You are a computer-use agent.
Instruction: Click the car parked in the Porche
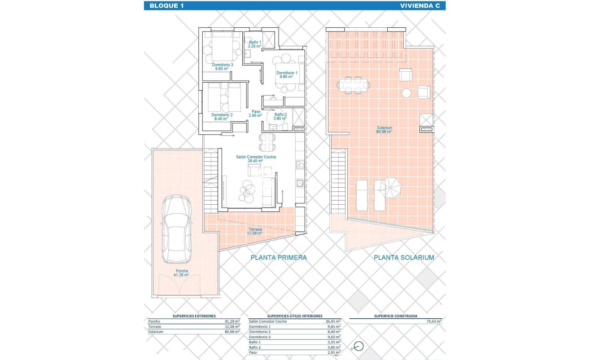176,229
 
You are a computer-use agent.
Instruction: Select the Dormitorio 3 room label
223,67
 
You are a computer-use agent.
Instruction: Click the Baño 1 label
255,44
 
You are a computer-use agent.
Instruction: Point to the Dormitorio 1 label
286,75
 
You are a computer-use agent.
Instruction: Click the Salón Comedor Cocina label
256,159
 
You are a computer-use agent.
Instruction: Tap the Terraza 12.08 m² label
255,232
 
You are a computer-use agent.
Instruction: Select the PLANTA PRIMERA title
278,258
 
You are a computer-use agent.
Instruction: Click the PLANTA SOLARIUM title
404,258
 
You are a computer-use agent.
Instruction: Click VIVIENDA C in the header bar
416,6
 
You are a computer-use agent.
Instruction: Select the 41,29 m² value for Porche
232,321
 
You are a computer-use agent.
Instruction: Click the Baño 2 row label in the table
256,347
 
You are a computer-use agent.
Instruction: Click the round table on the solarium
406,93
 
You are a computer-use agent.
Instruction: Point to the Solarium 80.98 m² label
385,130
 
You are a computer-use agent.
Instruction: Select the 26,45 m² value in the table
333,321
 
